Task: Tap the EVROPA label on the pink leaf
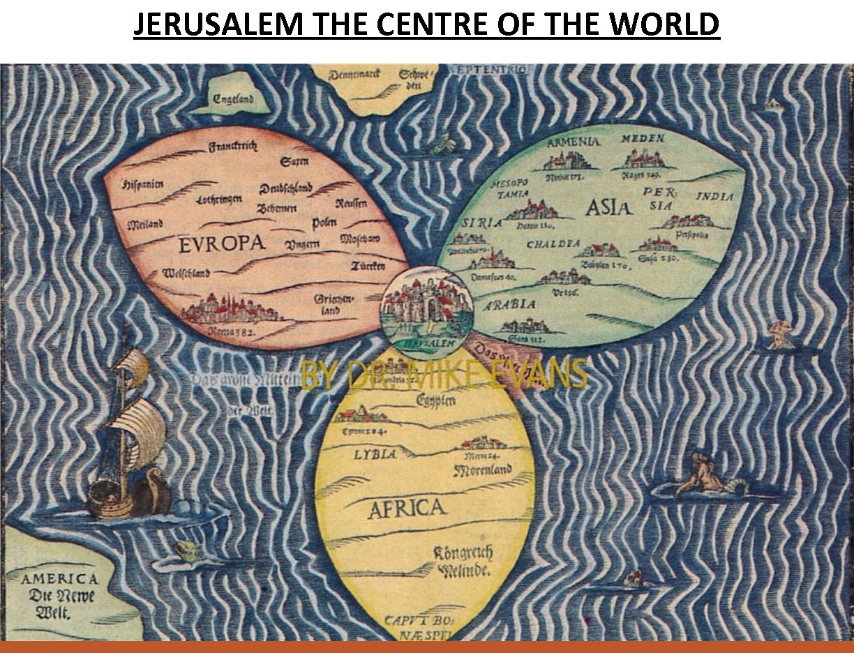pos(222,243)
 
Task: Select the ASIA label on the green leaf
pos(608,207)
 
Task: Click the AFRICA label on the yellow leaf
pos(406,508)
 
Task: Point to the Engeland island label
pos(233,99)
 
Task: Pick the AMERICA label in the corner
pos(59,579)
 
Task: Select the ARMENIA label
pos(573,142)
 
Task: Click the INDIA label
pos(714,197)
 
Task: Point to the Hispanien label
pos(142,184)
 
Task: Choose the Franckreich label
pos(234,146)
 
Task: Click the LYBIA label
pos(375,454)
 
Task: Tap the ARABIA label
pos(510,305)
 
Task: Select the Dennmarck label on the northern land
pos(354,74)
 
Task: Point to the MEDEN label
pos(643,139)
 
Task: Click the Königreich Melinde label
pos(464,562)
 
